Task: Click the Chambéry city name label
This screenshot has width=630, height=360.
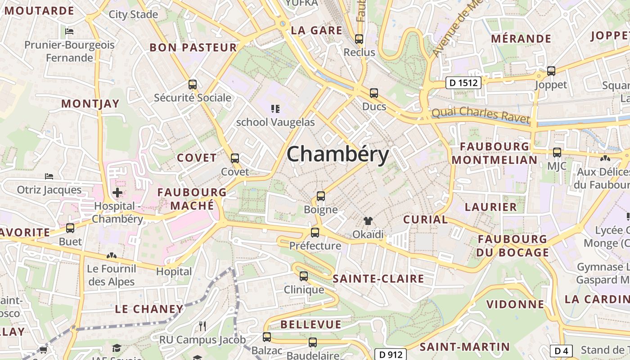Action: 337,154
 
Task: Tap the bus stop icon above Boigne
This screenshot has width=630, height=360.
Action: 320,196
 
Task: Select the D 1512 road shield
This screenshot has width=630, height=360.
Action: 463,83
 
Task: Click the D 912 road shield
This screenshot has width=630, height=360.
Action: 391,354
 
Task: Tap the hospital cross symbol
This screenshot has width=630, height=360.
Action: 117,193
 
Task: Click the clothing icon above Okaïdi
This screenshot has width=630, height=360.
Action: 368,220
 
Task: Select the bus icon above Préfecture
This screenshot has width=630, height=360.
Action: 315,232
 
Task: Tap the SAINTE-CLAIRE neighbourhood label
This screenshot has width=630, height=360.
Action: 378,279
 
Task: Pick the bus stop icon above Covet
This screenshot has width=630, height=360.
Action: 235,158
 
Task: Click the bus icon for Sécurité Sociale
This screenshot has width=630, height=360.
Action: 193,84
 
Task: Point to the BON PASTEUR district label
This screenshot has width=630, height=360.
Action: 193,48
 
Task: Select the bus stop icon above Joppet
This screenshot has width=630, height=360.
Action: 551,71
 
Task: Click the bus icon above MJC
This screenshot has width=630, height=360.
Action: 557,152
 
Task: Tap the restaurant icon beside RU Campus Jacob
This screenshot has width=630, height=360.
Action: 202,326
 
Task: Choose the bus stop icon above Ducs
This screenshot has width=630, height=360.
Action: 374,93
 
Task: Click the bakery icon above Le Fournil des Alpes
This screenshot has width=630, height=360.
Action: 111,256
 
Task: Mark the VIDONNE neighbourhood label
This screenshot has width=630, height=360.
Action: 516,304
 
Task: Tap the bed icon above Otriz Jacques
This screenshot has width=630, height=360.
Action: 49,176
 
